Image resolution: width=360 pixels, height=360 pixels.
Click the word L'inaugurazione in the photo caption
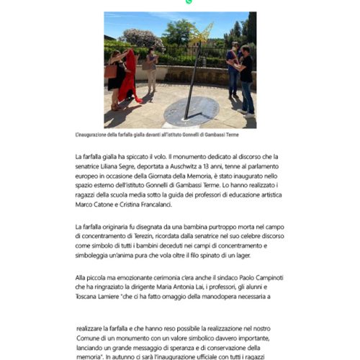[94, 135]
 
